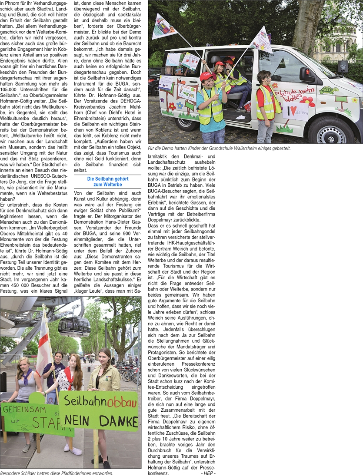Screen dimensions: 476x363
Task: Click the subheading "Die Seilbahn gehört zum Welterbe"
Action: coord(107,182)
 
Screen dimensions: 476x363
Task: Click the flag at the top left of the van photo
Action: coord(163,26)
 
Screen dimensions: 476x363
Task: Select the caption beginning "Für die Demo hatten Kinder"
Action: coord(219,149)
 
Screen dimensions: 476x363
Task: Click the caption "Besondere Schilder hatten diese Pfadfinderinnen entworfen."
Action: coord(57,473)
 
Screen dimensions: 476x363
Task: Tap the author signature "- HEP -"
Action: coord(208,473)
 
